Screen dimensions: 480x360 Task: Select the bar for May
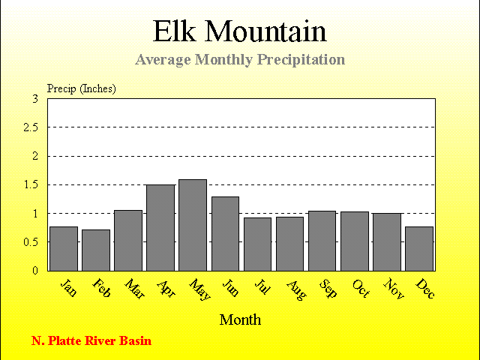[x=193, y=225]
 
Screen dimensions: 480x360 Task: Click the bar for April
[x=160, y=228]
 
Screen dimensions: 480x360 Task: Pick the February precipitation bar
[x=96, y=250]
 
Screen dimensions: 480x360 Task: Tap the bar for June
[x=225, y=233]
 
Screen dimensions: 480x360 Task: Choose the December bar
[x=419, y=248]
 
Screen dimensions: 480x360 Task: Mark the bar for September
[x=322, y=241]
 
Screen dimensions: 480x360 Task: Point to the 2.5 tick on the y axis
[x=31, y=127]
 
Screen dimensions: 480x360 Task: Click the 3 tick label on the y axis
[x=35, y=99]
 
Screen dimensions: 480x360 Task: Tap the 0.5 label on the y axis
[x=31, y=242]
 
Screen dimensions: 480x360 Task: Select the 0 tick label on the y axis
[x=35, y=271]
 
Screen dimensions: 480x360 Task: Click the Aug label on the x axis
[x=296, y=290]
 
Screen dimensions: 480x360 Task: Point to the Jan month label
[x=68, y=288]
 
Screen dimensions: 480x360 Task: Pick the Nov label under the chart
[x=393, y=288]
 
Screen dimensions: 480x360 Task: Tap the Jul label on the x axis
[x=262, y=286]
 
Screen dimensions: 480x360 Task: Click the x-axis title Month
[x=240, y=319]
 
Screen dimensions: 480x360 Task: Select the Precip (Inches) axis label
[x=82, y=88]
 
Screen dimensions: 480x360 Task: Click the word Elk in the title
[x=174, y=31]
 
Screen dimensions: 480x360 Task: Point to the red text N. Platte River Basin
[x=91, y=340]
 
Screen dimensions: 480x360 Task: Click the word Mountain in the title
[x=265, y=31]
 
